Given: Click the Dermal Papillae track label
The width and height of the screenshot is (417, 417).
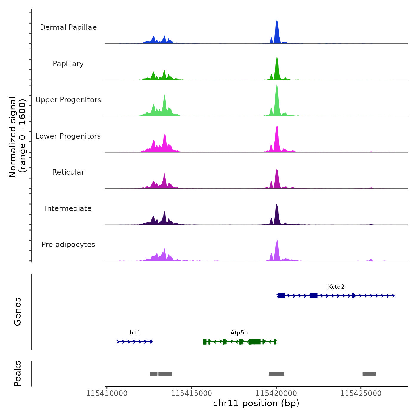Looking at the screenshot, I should click(x=68, y=27).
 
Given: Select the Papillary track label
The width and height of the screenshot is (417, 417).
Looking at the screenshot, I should click(x=68, y=64).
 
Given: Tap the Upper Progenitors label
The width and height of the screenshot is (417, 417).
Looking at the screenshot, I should click(x=68, y=100).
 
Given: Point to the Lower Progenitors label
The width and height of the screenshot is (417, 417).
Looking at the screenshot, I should click(x=68, y=136).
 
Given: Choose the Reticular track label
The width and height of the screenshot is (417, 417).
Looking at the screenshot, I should click(x=68, y=172).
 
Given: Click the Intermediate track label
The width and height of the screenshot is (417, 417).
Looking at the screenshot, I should click(x=68, y=208).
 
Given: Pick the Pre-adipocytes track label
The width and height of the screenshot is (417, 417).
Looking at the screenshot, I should click(x=68, y=245).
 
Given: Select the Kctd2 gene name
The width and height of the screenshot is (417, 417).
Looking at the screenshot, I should click(x=336, y=287).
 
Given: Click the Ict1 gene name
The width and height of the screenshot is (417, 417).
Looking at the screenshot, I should click(x=135, y=333).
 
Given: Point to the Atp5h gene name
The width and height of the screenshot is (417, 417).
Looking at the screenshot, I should click(x=239, y=333).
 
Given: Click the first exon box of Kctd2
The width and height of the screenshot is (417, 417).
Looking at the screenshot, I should click(x=281, y=295).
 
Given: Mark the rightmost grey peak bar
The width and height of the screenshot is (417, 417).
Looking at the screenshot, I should click(x=369, y=374).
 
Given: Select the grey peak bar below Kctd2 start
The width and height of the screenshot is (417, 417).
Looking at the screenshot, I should click(x=276, y=374).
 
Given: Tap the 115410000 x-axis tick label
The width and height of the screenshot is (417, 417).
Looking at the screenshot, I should click(x=107, y=393).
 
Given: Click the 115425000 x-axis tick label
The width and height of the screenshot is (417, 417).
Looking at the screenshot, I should click(x=361, y=393).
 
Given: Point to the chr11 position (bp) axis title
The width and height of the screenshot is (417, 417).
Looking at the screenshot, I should click(x=256, y=403).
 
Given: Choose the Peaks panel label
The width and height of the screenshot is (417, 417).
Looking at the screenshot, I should click(x=18, y=374).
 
